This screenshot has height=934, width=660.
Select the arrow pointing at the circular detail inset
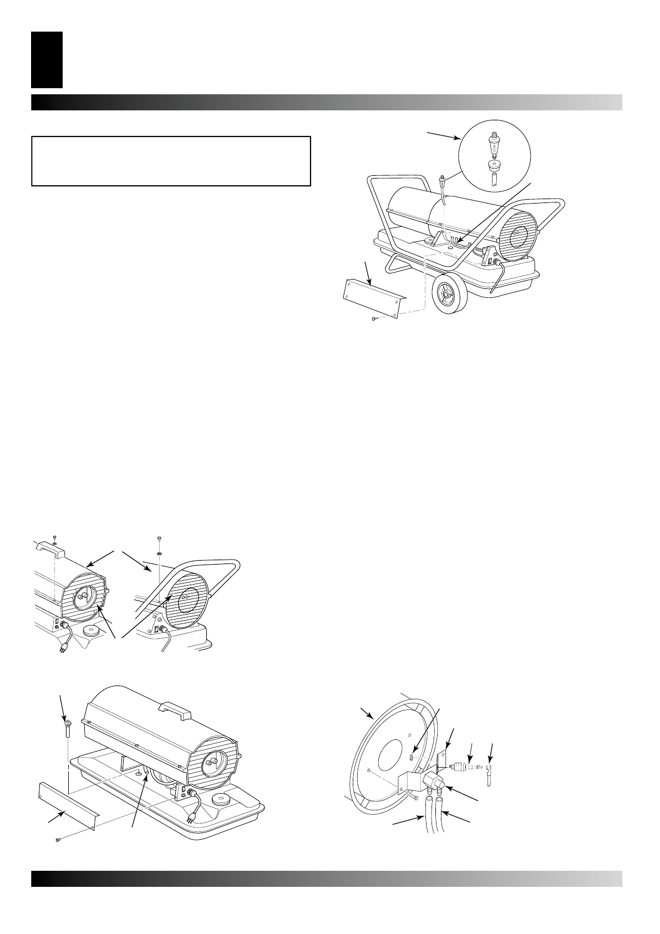pos(444,135)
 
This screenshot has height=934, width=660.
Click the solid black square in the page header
pos(47,60)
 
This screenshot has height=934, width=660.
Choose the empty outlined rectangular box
pos(170,161)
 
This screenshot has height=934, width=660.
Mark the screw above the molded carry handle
pos(55,537)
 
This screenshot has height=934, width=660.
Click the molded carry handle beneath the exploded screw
pos(50,550)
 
